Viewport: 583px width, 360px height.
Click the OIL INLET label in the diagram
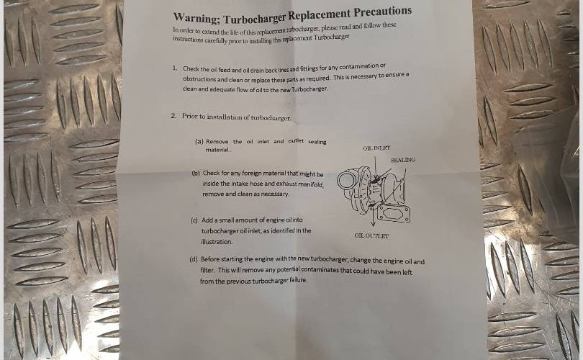coord(376,148)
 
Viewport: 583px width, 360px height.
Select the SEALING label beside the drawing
coord(402,160)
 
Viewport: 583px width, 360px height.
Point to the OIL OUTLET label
coord(371,235)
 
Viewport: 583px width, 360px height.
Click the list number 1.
coord(174,68)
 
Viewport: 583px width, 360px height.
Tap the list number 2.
coord(173,116)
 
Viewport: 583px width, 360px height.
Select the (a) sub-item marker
coord(199,141)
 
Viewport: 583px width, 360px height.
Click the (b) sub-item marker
coord(196,173)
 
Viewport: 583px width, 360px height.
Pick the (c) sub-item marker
coord(194,220)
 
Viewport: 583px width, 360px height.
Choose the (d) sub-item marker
coord(194,259)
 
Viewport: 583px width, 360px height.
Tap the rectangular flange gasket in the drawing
coord(394,214)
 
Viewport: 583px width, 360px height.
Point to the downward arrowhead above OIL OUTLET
coord(373,224)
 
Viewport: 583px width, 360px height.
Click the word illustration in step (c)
coord(217,242)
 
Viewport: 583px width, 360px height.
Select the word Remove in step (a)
coord(217,142)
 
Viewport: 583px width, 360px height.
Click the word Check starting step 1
coord(191,69)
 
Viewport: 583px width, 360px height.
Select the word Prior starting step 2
coord(189,116)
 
